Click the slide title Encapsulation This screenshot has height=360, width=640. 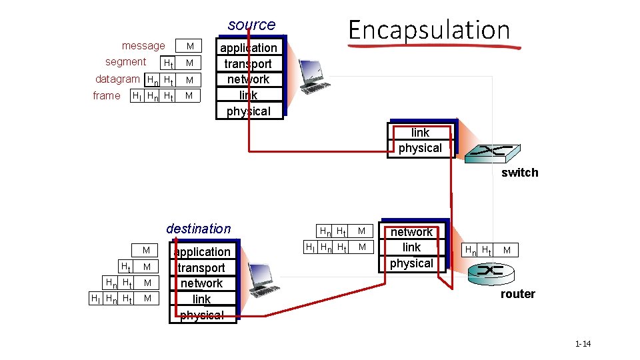point(429,30)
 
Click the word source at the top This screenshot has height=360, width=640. point(251,25)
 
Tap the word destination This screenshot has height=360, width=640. point(198,229)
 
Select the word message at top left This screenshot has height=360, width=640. point(143,46)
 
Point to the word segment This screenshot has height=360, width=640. point(125,62)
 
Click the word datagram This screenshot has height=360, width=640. point(117,79)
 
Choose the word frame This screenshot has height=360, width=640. point(107,96)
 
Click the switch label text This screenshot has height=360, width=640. point(519,173)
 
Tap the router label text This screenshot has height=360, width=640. point(517,294)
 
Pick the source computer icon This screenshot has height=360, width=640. point(313,76)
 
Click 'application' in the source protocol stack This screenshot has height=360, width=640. point(249,48)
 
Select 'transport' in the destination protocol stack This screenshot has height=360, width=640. point(201,268)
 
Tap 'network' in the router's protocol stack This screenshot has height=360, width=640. point(411,232)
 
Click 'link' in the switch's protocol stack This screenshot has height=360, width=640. point(420,133)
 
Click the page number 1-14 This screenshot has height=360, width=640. point(583,344)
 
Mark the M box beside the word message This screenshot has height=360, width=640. point(190,46)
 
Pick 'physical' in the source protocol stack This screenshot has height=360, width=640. point(249,111)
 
